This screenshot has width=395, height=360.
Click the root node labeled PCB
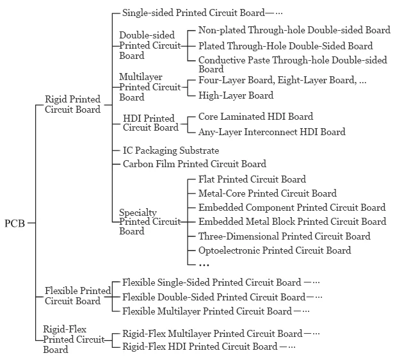tap(14, 224)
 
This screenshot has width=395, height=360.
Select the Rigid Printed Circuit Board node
tap(72, 104)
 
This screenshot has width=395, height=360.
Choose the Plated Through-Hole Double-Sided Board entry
tap(286, 46)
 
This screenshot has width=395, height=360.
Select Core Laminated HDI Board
tap(255, 117)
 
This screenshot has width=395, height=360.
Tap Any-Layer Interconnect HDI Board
tap(271, 132)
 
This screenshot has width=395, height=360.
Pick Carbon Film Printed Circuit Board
tap(194, 164)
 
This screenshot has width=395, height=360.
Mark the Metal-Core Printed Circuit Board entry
tap(267, 193)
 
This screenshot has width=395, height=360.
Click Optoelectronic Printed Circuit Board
tap(275, 250)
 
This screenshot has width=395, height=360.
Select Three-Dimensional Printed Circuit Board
tap(284, 236)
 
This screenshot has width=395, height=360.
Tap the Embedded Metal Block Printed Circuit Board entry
tap(292, 222)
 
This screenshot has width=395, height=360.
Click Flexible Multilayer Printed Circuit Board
tap(207, 311)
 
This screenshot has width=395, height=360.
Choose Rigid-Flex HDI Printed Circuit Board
tap(200, 347)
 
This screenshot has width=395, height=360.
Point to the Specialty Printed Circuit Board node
tap(150, 222)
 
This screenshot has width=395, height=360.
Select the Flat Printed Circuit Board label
tap(252, 179)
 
